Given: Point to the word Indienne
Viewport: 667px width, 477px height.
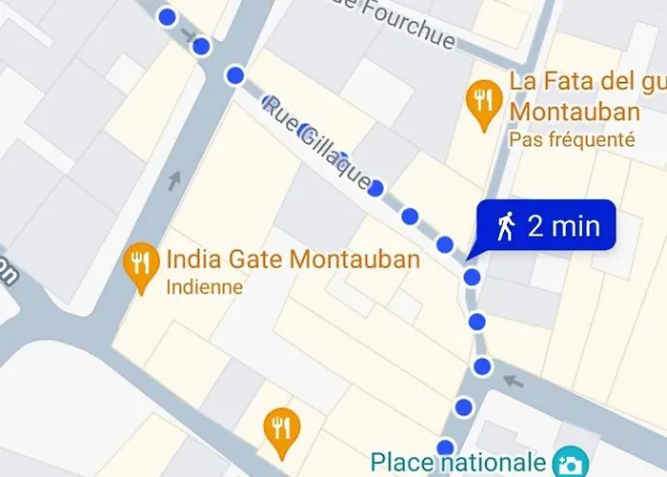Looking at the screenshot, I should coord(204,286).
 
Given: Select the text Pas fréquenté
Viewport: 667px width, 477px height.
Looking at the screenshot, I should coord(572,139).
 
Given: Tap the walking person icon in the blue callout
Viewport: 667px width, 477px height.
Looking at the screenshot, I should coord(506,226).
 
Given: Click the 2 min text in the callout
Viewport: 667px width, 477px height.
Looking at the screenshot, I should coord(563,226).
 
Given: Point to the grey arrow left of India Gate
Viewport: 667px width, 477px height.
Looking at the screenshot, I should coord(174,178).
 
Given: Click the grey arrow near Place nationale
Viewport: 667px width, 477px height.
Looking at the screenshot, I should coord(515,382).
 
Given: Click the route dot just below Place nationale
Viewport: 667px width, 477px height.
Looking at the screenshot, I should coord(445,446).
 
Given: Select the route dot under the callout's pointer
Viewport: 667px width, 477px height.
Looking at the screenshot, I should coord(472,277).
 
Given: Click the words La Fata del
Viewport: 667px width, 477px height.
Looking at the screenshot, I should coord(562,80).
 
